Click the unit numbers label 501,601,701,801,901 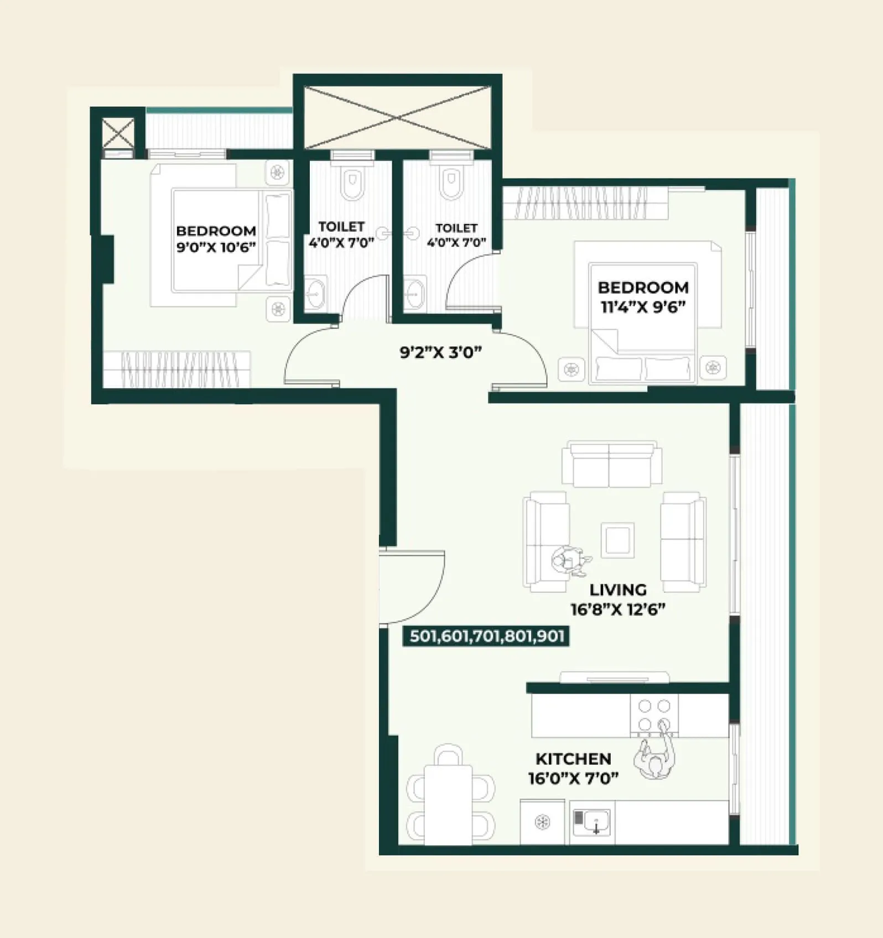486,636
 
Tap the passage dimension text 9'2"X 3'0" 440,352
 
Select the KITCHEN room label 573,758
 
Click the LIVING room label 617,590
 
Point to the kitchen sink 592,822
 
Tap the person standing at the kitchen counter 656,758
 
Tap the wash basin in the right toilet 414,293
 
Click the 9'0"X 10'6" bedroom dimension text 216,247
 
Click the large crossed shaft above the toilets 397,117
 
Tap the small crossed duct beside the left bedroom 118,133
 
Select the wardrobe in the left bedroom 177,369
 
